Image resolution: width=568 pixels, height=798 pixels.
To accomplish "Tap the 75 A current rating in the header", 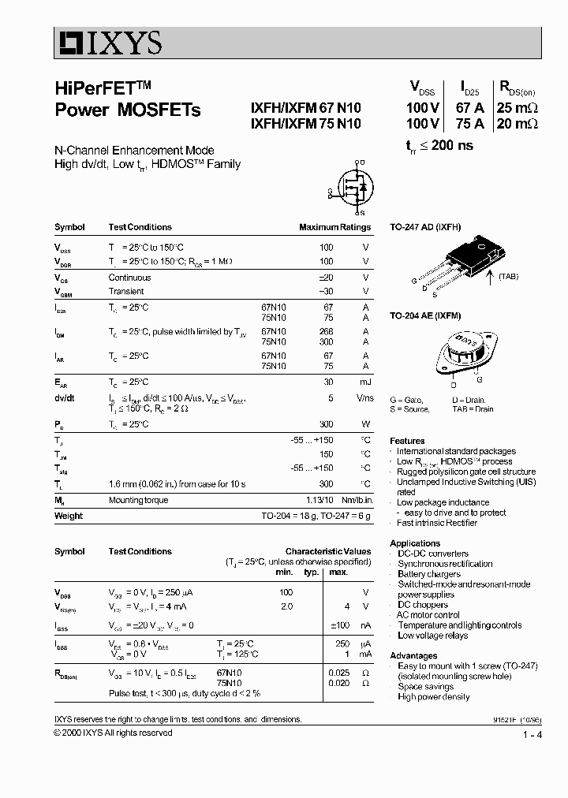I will pos(469,124).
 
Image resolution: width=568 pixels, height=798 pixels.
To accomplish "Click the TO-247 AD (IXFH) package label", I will pos(425,227).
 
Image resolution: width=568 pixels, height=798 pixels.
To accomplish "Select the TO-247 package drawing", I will pos(465,260).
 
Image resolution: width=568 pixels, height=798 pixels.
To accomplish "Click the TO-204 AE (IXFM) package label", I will pos(426,315).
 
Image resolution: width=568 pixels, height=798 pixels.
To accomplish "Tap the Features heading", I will pos(407,441).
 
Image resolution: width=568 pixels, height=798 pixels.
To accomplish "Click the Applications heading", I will pos(415,543).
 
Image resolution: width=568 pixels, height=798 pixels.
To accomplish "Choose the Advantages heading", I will pos(413,656).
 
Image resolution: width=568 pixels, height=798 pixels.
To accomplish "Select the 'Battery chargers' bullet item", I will pos(429,574).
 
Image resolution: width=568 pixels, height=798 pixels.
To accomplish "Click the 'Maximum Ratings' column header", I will pos(334,227).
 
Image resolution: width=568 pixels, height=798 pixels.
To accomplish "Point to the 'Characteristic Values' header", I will pos(327,552).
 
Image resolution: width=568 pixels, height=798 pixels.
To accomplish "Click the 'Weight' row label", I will pos(69,516).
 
